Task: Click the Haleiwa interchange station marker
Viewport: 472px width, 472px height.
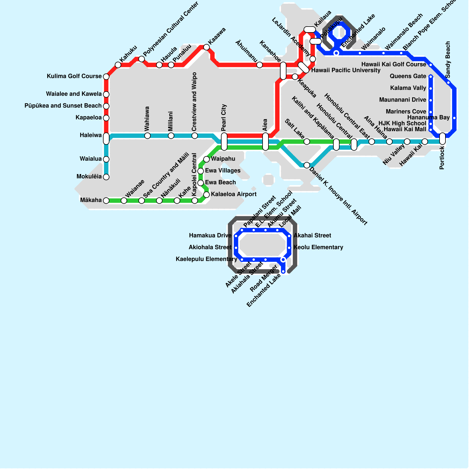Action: (x=106, y=139)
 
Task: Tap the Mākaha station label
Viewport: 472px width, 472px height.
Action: (x=91, y=200)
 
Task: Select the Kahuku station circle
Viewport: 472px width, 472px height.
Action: (x=118, y=65)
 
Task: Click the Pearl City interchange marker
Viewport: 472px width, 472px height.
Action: (x=224, y=142)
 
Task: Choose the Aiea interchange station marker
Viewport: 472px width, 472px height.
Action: (x=265, y=142)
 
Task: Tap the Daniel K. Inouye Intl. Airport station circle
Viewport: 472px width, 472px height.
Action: (x=307, y=165)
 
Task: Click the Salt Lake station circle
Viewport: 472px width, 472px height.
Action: (x=307, y=142)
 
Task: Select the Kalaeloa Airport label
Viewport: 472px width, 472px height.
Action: (x=234, y=194)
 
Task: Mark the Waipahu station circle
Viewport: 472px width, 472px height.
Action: (x=206, y=159)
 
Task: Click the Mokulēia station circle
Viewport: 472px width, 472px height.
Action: (x=106, y=177)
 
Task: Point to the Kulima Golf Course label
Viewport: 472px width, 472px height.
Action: (x=74, y=76)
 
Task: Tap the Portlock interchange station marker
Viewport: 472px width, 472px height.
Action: (x=442, y=139)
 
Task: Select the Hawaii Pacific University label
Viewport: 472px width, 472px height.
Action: (x=346, y=70)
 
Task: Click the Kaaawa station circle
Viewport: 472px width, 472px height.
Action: (x=206, y=47)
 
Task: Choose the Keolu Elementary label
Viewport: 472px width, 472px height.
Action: (x=318, y=247)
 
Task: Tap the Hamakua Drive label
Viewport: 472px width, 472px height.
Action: (x=210, y=235)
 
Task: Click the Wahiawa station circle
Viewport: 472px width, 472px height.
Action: (x=147, y=136)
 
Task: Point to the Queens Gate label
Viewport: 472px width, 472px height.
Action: (x=408, y=76)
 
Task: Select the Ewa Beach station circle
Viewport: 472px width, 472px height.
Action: (x=201, y=183)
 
